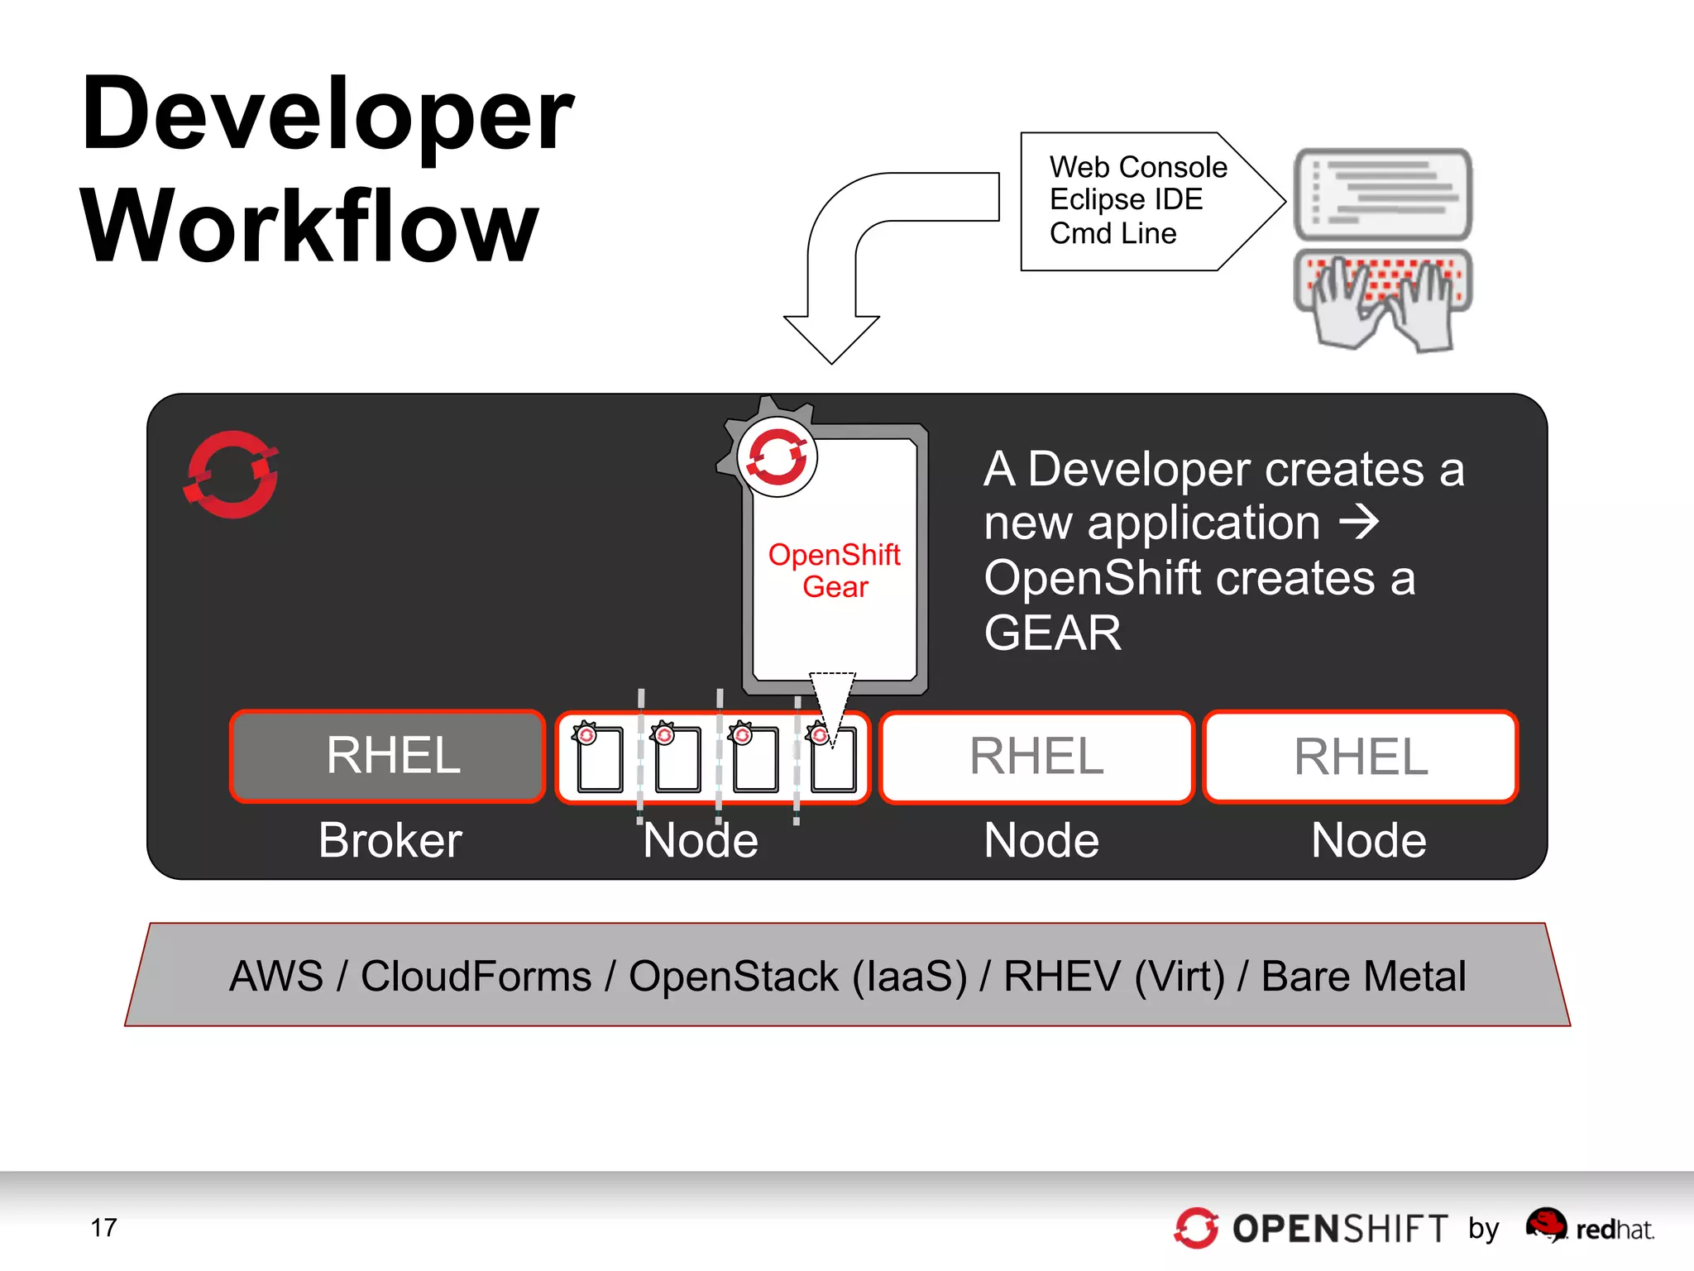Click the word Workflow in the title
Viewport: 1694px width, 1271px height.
[x=309, y=227]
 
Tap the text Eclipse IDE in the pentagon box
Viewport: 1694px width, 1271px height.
[x=1125, y=200]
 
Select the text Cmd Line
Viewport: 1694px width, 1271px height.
[x=1112, y=234]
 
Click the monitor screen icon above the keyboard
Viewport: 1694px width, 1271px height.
[x=1382, y=194]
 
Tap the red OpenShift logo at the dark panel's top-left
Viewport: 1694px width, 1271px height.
[x=231, y=475]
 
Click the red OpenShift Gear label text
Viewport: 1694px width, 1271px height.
[x=834, y=570]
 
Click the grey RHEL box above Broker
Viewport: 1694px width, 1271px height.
[x=387, y=756]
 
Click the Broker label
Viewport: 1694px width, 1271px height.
[x=390, y=841]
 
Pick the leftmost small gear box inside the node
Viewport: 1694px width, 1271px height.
[x=598, y=759]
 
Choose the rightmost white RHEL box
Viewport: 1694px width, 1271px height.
[x=1360, y=757]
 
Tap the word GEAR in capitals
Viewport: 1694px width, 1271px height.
[x=1052, y=633]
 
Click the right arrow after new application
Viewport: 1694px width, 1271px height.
[x=1359, y=523]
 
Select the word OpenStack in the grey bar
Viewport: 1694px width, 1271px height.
[x=733, y=977]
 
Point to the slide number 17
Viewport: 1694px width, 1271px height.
[x=103, y=1227]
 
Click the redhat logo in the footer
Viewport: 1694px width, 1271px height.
[x=1589, y=1227]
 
